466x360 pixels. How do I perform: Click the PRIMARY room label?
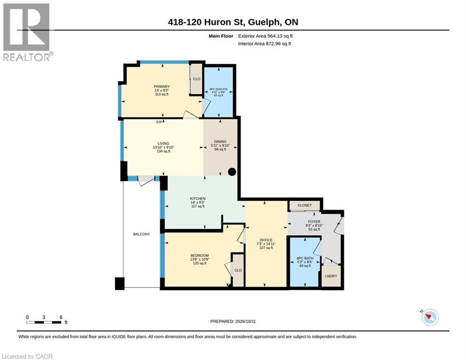pyautogui.click(x=162, y=87)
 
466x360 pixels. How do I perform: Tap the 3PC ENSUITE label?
pyautogui.click(x=218, y=89)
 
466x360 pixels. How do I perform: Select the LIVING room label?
pyautogui.click(x=163, y=143)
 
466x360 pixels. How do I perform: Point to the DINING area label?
pyautogui.click(x=220, y=142)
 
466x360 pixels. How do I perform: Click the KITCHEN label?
pyautogui.click(x=198, y=198)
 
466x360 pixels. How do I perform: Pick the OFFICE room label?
pyautogui.click(x=266, y=240)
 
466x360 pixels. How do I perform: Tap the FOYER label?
pyautogui.click(x=314, y=222)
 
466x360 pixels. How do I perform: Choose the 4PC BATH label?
pyautogui.click(x=305, y=258)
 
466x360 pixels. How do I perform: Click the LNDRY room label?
pyautogui.click(x=331, y=276)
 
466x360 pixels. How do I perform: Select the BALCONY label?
pyautogui.click(x=141, y=234)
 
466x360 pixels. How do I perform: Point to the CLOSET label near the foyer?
pyautogui.click(x=304, y=205)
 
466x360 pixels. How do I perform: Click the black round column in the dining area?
pyautogui.click(x=232, y=172)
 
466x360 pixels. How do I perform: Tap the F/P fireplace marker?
pyautogui.click(x=159, y=122)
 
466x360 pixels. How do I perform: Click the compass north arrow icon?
pyautogui.click(x=430, y=317)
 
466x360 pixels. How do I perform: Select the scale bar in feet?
pyautogui.click(x=44, y=322)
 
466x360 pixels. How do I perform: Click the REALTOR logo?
pyautogui.click(x=28, y=32)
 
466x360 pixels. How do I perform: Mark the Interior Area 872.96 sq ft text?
pyautogui.click(x=265, y=44)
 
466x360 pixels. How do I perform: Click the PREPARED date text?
pyautogui.click(x=233, y=321)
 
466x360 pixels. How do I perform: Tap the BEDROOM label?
pyautogui.click(x=200, y=255)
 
